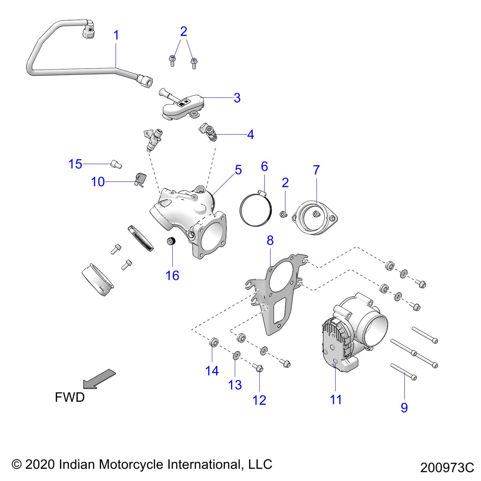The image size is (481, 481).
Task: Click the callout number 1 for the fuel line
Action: pos(116,35)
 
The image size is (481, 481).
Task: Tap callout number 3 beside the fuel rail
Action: pos(237,98)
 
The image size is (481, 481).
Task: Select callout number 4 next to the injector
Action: pos(250,134)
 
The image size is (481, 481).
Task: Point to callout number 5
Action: pos(238,170)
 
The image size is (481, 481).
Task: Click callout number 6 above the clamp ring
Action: pos(264,166)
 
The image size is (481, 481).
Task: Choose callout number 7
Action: pos(316,170)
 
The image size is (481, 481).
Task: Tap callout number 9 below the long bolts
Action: pos(404,408)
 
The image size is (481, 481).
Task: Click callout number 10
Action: pos(98,182)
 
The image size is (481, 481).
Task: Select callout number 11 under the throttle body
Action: pos(336,400)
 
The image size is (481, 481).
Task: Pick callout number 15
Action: pos(75,164)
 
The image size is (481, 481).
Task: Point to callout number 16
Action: pos(173,275)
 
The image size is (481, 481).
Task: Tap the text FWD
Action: pos(70,397)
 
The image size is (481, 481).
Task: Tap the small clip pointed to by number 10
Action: pos(140,179)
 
